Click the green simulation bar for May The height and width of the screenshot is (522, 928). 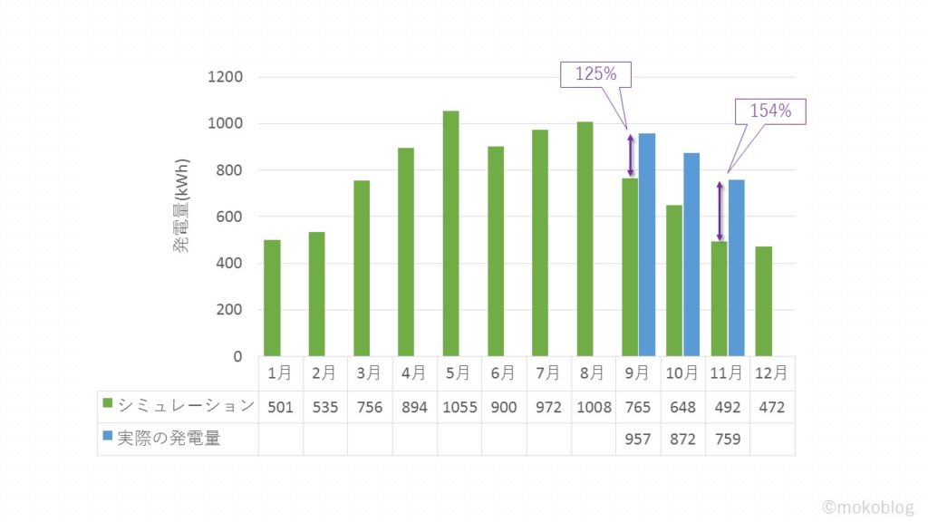click(x=450, y=233)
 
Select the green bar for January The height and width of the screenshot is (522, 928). click(x=272, y=297)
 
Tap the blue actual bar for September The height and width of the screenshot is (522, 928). click(x=646, y=245)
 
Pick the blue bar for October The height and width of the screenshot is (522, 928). click(x=691, y=255)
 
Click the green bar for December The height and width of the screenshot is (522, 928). click(x=763, y=301)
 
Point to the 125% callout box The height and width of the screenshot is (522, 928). click(x=595, y=74)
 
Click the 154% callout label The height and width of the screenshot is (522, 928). click(x=770, y=111)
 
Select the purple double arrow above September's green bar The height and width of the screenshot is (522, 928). click(x=631, y=156)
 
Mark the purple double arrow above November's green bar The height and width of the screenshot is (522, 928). click(x=720, y=211)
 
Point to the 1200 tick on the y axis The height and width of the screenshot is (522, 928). click(x=226, y=77)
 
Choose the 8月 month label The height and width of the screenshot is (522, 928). click(x=593, y=372)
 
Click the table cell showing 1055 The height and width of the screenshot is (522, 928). click(x=459, y=407)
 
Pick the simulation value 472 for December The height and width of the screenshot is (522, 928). click(x=771, y=407)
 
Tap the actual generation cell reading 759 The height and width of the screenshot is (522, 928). click(x=727, y=440)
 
